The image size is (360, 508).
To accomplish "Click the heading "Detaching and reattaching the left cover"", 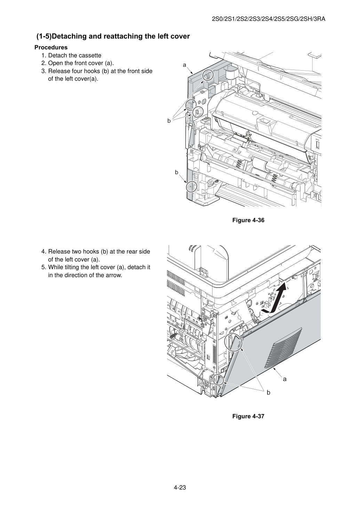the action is click(121, 36).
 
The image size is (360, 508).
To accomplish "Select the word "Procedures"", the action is click(51, 47).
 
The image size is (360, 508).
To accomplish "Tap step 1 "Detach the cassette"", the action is click(75, 55).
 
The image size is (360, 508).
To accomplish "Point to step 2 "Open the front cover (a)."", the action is click(81, 63).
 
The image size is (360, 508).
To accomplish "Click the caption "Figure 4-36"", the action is click(248, 220).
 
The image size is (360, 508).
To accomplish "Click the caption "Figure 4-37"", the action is click(248, 416).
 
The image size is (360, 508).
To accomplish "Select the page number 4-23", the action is click(180, 487).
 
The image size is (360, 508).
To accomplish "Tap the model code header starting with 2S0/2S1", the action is click(269, 19).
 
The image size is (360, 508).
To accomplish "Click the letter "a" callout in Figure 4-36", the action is click(184, 65).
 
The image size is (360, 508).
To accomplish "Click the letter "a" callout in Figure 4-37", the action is click(285, 379).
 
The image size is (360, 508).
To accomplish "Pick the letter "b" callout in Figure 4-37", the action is click(269, 392).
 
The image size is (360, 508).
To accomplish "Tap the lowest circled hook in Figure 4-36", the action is click(192, 187).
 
